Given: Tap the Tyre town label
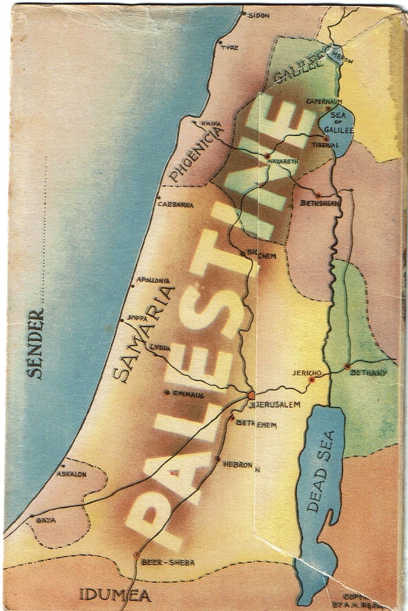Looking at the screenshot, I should (229, 48).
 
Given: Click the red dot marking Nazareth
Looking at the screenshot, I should (267, 155).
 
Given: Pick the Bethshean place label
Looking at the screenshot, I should (320, 203).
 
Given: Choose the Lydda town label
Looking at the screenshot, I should (160, 347).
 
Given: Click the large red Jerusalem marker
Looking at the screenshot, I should (250, 395).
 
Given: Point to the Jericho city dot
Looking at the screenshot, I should (312, 379).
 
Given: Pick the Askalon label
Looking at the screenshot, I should (72, 474).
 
